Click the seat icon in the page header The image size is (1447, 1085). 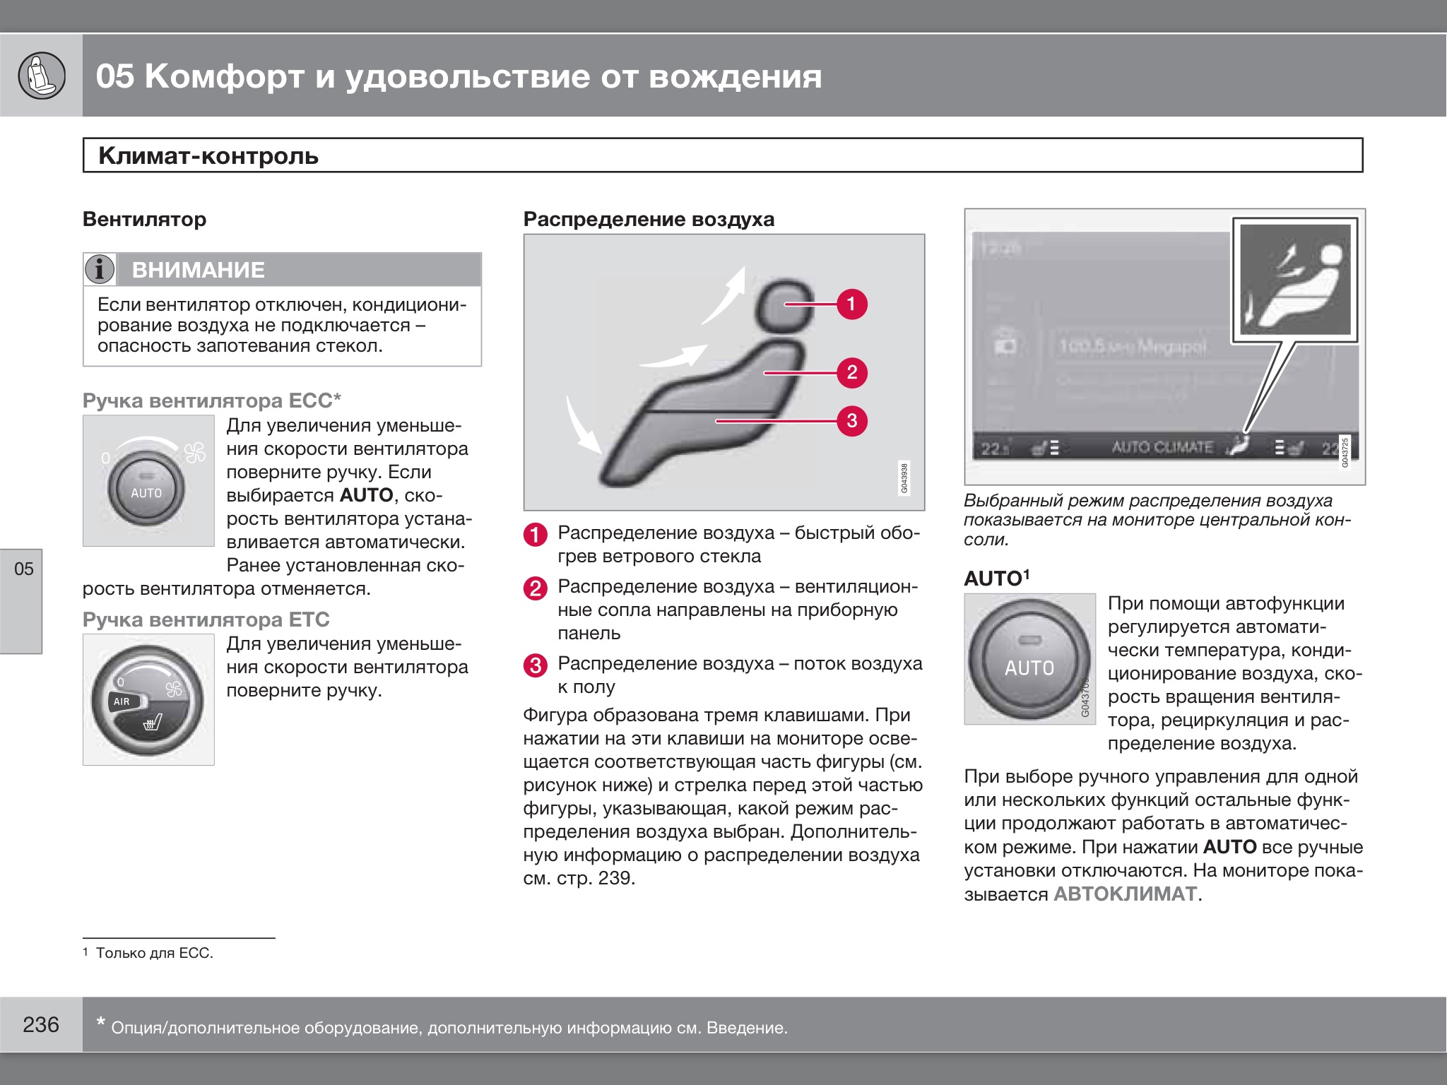point(41,76)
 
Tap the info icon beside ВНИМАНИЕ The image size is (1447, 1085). point(100,269)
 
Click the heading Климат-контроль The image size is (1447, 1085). point(208,155)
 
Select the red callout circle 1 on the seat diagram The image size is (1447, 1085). point(851,304)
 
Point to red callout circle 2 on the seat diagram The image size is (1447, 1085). point(851,372)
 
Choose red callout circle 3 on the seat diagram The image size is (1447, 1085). point(851,421)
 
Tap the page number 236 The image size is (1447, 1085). point(41,1024)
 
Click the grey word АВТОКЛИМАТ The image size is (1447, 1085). point(1125,894)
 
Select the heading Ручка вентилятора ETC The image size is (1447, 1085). point(206,619)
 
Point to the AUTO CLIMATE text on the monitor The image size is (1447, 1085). point(1162,447)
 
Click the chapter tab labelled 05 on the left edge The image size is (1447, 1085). point(23,569)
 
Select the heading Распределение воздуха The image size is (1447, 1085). point(649,220)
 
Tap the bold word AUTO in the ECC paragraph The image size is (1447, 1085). point(366,495)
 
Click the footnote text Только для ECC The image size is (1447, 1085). point(154,953)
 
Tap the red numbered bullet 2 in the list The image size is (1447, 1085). point(535,588)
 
